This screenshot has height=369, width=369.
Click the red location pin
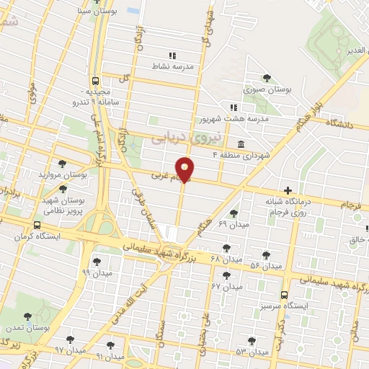tap(185, 169)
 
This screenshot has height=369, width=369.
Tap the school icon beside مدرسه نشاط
tap(172, 55)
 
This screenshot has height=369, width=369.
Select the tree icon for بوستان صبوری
tap(267, 78)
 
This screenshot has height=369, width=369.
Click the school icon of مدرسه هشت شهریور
tap(233, 107)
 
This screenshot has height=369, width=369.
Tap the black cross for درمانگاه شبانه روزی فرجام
tap(288, 190)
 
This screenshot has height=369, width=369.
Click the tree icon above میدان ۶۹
tap(233, 213)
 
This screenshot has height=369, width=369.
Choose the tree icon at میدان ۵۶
tap(267, 255)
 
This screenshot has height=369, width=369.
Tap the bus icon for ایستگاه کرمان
tap(37, 225)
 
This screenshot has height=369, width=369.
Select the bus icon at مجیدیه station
tap(95, 81)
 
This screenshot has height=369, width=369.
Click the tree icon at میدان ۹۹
tap(96, 262)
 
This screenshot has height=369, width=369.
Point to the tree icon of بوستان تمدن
tap(27, 316)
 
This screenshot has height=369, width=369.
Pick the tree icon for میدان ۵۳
tap(251, 341)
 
